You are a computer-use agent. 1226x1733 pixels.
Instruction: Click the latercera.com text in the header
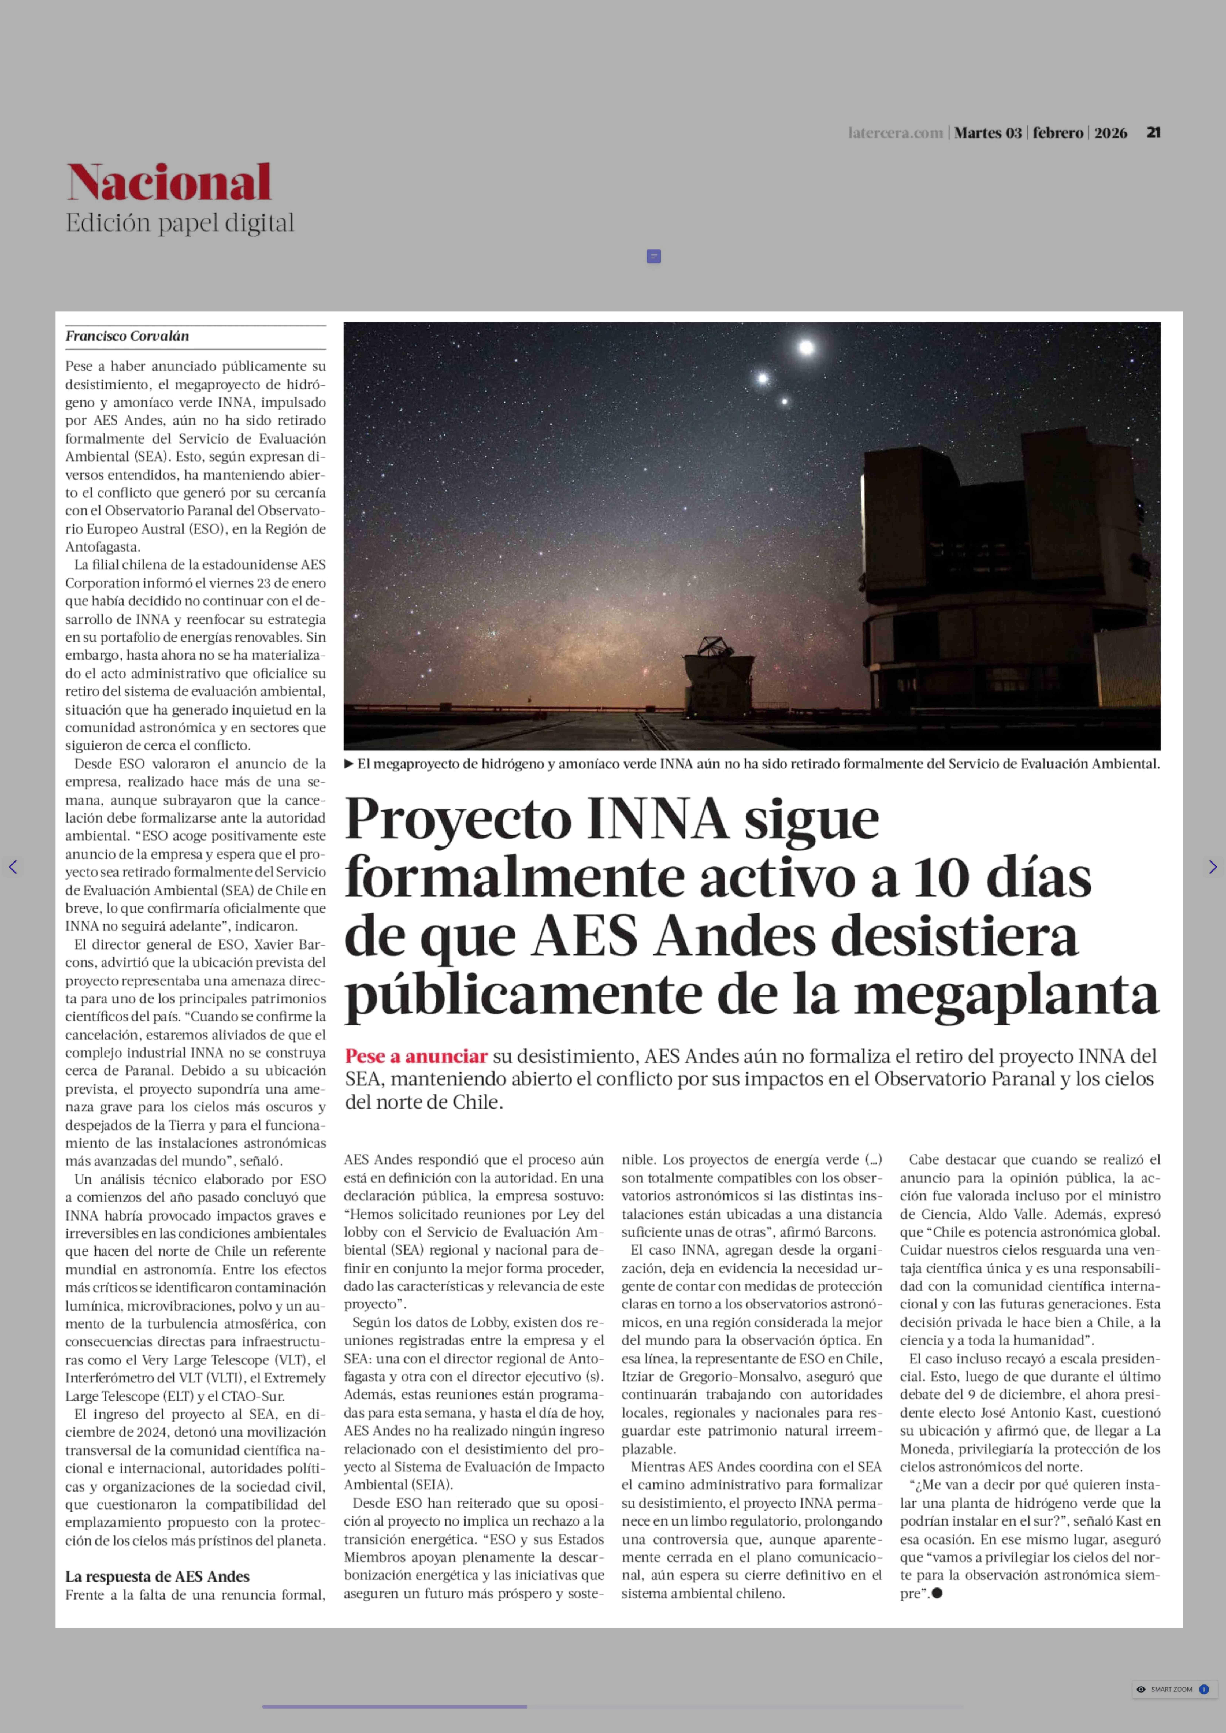coord(895,133)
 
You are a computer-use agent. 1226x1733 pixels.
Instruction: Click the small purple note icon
coord(654,257)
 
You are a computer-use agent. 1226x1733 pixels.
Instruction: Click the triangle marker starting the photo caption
coord(349,764)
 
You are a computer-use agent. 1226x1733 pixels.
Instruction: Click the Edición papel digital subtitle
coord(180,223)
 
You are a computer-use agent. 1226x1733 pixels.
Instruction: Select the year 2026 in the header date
coord(1110,133)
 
